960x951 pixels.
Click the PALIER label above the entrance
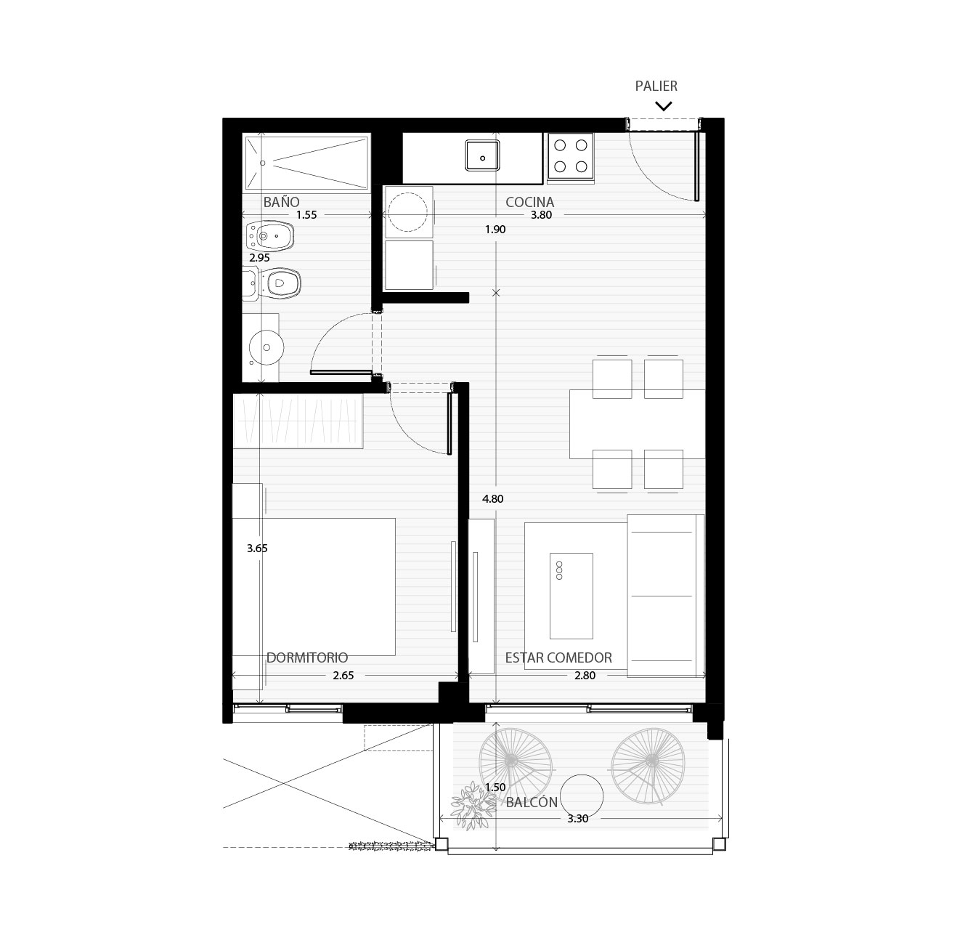[x=656, y=86]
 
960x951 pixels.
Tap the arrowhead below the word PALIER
[x=664, y=106]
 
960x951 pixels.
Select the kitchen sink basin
[x=481, y=155]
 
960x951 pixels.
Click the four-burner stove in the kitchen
[x=571, y=156]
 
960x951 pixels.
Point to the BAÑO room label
[x=281, y=202]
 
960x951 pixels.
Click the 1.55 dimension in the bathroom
[x=306, y=215]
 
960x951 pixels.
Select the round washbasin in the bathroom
[x=267, y=347]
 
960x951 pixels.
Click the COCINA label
[x=529, y=202]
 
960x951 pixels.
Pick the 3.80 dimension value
[x=541, y=215]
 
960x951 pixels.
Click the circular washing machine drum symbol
[x=407, y=212]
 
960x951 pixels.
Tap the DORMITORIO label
[x=307, y=657]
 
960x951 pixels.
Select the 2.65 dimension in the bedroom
[x=343, y=676]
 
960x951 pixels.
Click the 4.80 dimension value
[x=492, y=498]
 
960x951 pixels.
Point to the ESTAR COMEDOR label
[x=558, y=657]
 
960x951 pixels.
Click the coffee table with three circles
[x=571, y=596]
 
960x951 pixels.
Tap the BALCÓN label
[x=532, y=802]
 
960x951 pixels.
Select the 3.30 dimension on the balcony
[x=578, y=819]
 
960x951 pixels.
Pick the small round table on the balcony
[x=582, y=796]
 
